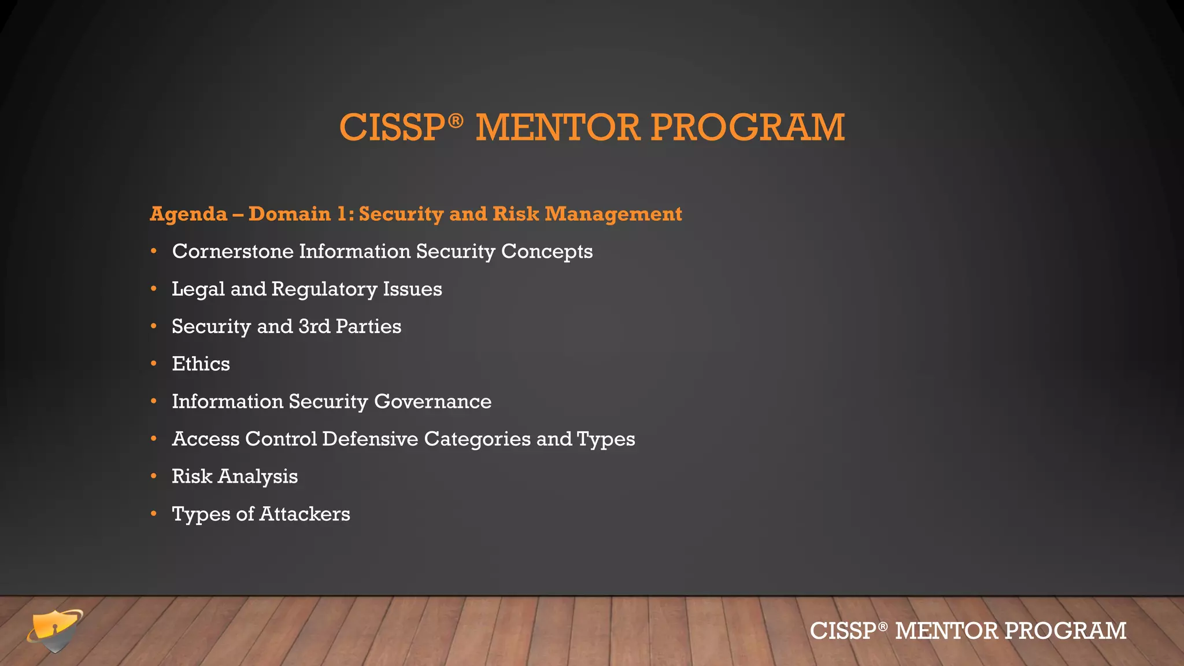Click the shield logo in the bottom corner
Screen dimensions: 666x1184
coord(55,631)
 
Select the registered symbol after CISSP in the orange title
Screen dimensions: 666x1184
coord(456,120)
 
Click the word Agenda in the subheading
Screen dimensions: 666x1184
coord(188,214)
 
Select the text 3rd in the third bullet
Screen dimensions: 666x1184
coord(314,327)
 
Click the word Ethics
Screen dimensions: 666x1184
coord(201,364)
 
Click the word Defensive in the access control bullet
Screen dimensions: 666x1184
coord(370,439)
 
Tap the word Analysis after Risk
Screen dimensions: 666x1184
coord(258,477)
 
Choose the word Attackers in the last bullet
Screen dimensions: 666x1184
coord(305,514)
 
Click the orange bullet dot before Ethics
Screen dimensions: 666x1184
coord(154,364)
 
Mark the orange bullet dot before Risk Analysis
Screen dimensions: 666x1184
coord(154,476)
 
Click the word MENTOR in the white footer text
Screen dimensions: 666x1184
coord(946,631)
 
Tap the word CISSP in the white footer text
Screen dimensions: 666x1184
coord(843,631)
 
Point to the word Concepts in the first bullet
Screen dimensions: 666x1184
coord(546,251)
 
